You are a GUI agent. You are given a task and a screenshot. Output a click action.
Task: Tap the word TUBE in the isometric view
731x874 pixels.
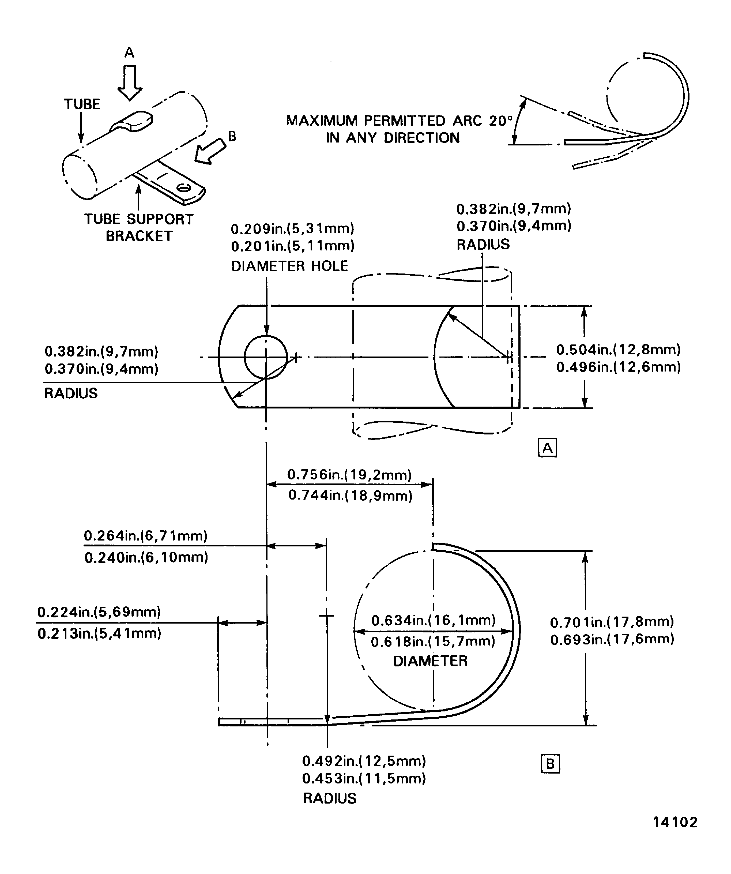tap(82, 104)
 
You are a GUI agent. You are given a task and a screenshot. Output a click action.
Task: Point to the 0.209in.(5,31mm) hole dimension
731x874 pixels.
tap(292, 228)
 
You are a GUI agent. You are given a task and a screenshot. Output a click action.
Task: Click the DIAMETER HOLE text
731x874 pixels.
tap(289, 266)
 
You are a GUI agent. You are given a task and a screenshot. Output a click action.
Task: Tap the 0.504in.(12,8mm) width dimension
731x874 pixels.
tap(618, 350)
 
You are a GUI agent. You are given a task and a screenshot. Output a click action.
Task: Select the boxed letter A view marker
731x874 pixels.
tap(548, 448)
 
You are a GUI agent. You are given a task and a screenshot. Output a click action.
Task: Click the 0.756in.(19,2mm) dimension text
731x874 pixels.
tap(349, 475)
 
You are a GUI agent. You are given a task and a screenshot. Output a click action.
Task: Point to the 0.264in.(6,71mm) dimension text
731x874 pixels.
tap(146, 536)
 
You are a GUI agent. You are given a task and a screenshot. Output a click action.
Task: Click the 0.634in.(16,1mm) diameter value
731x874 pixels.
tap(433, 620)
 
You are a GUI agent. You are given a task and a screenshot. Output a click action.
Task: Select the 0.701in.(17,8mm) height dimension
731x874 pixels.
tap(612, 622)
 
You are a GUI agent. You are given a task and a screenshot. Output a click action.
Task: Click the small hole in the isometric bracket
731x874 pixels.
tap(183, 188)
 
